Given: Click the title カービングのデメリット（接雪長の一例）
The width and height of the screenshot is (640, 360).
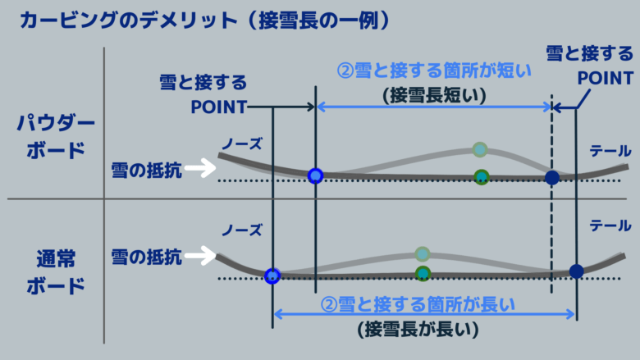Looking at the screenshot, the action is point(205,20).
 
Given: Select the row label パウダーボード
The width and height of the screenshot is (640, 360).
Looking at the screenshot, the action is point(56,136).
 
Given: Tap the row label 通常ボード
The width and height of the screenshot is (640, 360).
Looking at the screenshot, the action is point(56,272).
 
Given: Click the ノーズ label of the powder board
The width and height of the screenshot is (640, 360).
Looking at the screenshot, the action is point(241,144).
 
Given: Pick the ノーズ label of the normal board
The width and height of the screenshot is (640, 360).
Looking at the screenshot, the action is point(241,230).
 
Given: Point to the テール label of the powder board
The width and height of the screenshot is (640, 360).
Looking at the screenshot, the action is point(610,151).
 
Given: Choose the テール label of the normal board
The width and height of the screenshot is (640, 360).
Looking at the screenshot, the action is point(610,226).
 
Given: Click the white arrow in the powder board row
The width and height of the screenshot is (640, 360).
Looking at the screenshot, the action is point(200,167).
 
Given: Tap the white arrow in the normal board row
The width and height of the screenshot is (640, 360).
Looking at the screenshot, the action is point(200,256).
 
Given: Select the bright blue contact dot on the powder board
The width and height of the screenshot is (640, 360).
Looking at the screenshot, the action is point(315,175).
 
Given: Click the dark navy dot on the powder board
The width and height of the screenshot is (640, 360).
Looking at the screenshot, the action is point(552,178).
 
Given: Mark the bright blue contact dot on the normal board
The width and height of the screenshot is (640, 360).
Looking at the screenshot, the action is point(272,276).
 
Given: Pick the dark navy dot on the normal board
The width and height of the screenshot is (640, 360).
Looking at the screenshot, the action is point(576,271).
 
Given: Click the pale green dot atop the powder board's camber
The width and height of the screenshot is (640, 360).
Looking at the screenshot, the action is point(480,149).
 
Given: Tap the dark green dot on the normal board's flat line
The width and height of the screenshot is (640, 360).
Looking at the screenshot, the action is point(423,273).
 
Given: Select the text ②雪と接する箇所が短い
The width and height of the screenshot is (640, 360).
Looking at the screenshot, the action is point(434,71).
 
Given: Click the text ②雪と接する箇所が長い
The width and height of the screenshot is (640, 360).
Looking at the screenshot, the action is point(418,304).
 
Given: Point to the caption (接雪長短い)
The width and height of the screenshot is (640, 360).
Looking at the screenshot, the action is point(434,95).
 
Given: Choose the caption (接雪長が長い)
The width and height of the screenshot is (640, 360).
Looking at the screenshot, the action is point(418,330).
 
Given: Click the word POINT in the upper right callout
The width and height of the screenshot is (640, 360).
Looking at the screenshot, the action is point(606,78).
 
